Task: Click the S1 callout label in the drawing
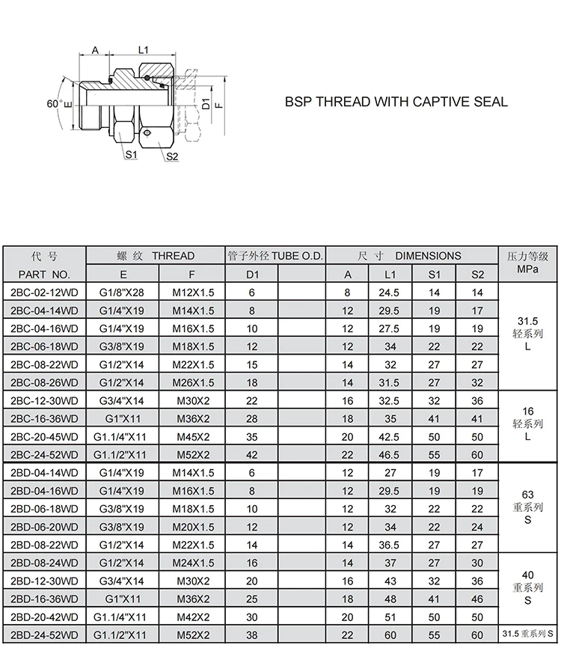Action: point(132,155)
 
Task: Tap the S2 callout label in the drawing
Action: point(171,156)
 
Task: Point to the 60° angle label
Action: point(55,104)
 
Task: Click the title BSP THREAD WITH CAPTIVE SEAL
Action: point(396,102)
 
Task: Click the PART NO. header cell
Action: point(44,275)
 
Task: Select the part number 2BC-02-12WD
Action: point(45,293)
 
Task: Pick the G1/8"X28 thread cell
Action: point(123,293)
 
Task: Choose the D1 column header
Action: point(252,275)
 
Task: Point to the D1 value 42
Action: point(252,454)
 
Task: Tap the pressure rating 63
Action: point(528,494)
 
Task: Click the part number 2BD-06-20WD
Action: point(45,527)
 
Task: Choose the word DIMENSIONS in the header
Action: point(428,256)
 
